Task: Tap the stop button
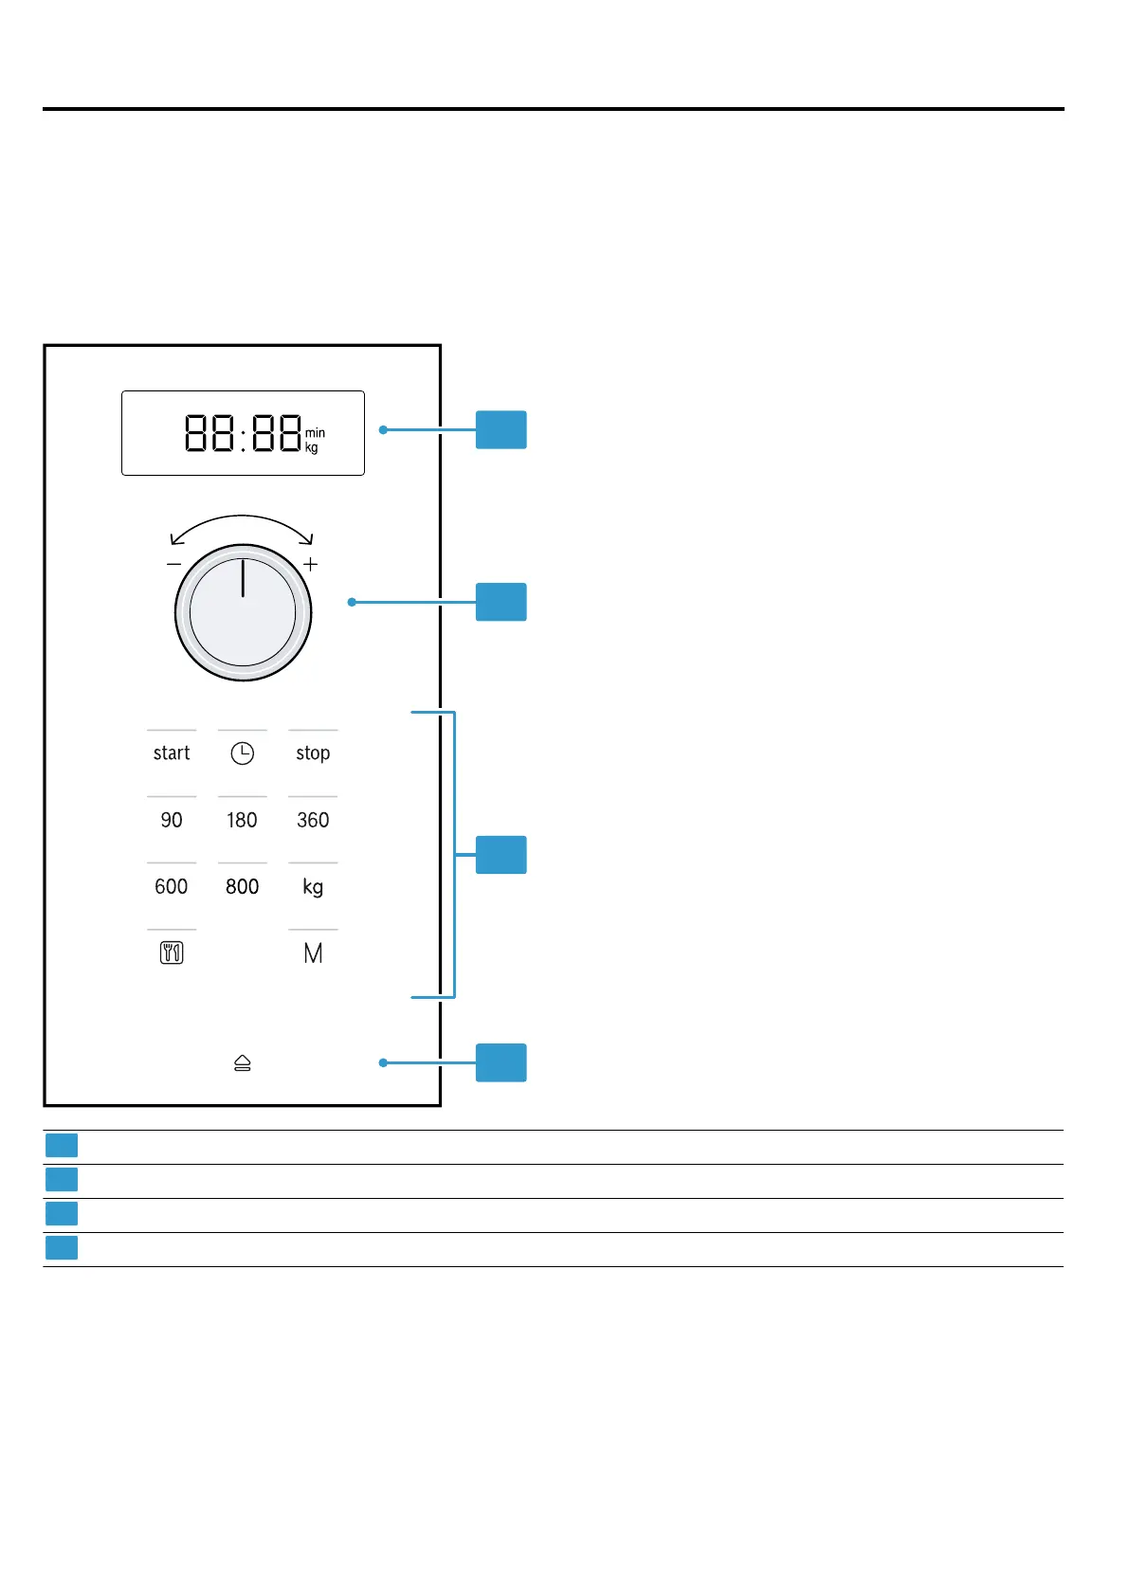tap(313, 753)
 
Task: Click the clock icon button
tap(243, 753)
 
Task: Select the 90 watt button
tap(172, 820)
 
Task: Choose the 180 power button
tap(242, 820)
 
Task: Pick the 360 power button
tap(313, 820)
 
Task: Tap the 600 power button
tap(172, 886)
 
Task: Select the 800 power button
tap(242, 886)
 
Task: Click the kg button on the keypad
tap(313, 887)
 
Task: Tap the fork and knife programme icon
tap(172, 953)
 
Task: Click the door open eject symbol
tap(243, 1063)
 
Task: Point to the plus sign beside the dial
tap(310, 565)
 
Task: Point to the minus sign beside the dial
tap(173, 565)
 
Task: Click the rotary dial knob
tap(243, 612)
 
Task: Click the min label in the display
tap(315, 433)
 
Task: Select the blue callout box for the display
tap(501, 429)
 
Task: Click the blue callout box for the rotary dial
tap(501, 602)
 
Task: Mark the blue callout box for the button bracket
tap(501, 855)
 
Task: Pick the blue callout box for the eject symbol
tap(501, 1062)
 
